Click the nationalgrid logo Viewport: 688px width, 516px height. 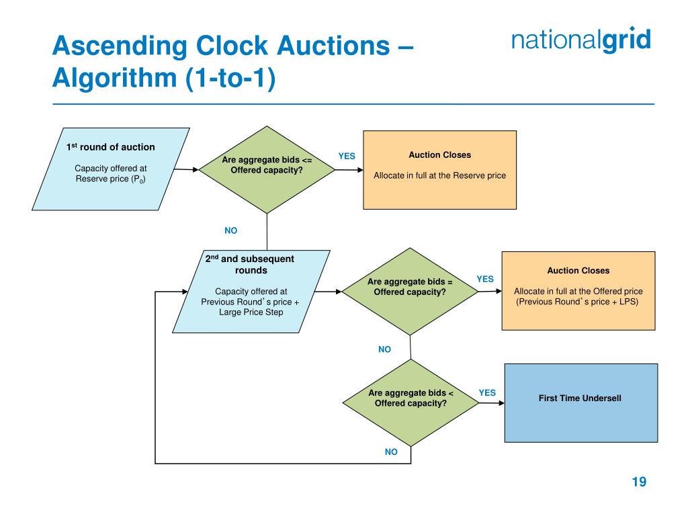point(581,40)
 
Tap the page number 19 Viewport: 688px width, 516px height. point(638,482)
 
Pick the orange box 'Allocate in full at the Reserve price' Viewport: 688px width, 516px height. point(439,169)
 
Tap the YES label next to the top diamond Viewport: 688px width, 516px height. point(346,156)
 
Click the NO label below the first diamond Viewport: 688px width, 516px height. point(230,230)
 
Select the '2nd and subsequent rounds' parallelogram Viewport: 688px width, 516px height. point(251,291)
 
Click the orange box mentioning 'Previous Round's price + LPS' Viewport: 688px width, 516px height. point(578,290)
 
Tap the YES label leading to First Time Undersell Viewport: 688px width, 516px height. point(487,392)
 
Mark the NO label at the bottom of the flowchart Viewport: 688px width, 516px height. point(391,451)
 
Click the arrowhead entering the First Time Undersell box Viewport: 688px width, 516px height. point(501,403)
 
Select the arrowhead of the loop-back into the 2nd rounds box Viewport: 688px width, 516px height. point(185,292)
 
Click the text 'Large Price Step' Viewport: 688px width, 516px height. point(251,312)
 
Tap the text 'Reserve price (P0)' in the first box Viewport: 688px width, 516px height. point(110,179)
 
